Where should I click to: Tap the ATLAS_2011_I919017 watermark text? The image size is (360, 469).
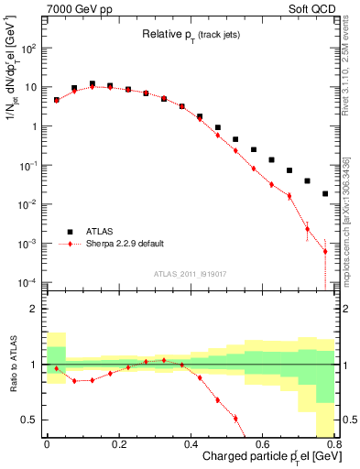tap(190, 273)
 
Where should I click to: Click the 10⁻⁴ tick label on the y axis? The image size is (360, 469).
tap(29, 281)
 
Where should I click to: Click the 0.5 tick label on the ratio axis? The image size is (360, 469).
tap(30, 420)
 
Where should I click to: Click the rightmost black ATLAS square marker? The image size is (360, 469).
tap(325, 193)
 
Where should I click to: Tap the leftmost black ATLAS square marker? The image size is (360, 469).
tap(57, 100)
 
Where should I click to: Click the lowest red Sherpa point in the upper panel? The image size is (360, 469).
tap(325, 251)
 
